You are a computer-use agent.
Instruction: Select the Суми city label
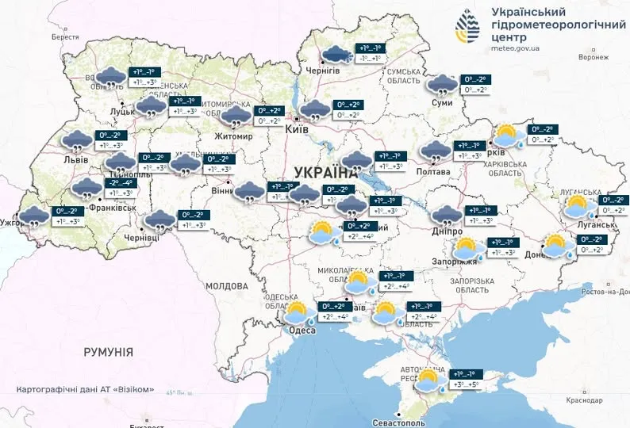coord(442,103)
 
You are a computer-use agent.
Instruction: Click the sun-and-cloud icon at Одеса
coord(297,313)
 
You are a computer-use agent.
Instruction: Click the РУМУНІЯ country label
coord(108,351)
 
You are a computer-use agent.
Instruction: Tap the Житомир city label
coord(233,136)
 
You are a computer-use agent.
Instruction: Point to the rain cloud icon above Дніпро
coord(446,214)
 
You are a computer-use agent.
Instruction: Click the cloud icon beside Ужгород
coord(33,216)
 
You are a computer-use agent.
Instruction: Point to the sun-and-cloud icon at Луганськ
coord(577,208)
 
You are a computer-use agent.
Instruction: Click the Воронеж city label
coord(594,57)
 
